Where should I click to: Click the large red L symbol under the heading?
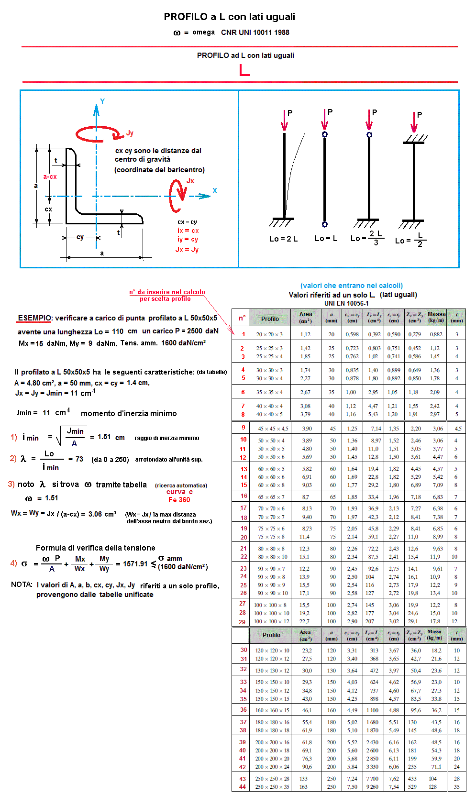(244, 70)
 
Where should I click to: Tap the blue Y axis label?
(102, 101)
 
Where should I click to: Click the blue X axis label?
(215, 190)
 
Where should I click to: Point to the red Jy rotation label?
(130, 133)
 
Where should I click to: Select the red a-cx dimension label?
(50, 176)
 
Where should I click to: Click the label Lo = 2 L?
(283, 239)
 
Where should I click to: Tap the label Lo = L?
(326, 238)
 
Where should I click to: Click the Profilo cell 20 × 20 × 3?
(269, 334)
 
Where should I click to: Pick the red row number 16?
(244, 496)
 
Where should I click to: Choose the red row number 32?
(244, 669)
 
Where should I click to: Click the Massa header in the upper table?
(436, 317)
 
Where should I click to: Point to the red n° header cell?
(242, 318)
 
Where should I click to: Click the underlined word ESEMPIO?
(34, 318)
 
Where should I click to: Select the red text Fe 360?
(179, 500)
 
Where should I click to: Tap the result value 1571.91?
(135, 564)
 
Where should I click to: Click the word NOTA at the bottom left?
(22, 584)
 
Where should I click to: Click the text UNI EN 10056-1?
(346, 303)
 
